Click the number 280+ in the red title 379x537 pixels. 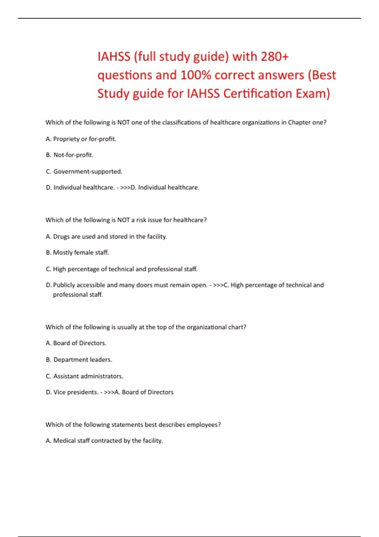[274, 57]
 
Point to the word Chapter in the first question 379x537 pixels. [299, 123]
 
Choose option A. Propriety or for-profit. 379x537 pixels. [81, 139]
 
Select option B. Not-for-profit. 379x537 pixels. [69, 155]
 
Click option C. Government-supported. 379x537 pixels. [84, 172]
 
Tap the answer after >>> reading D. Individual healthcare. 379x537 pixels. [165, 188]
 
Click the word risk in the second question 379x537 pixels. [141, 220]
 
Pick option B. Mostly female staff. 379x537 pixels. [77, 253]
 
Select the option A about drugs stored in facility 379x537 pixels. [106, 237]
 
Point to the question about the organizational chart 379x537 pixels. [146, 327]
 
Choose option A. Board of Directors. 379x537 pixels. [76, 343]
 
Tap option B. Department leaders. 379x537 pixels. [79, 360]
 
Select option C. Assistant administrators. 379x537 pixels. [84, 376]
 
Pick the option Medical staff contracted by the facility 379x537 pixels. [104, 441]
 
